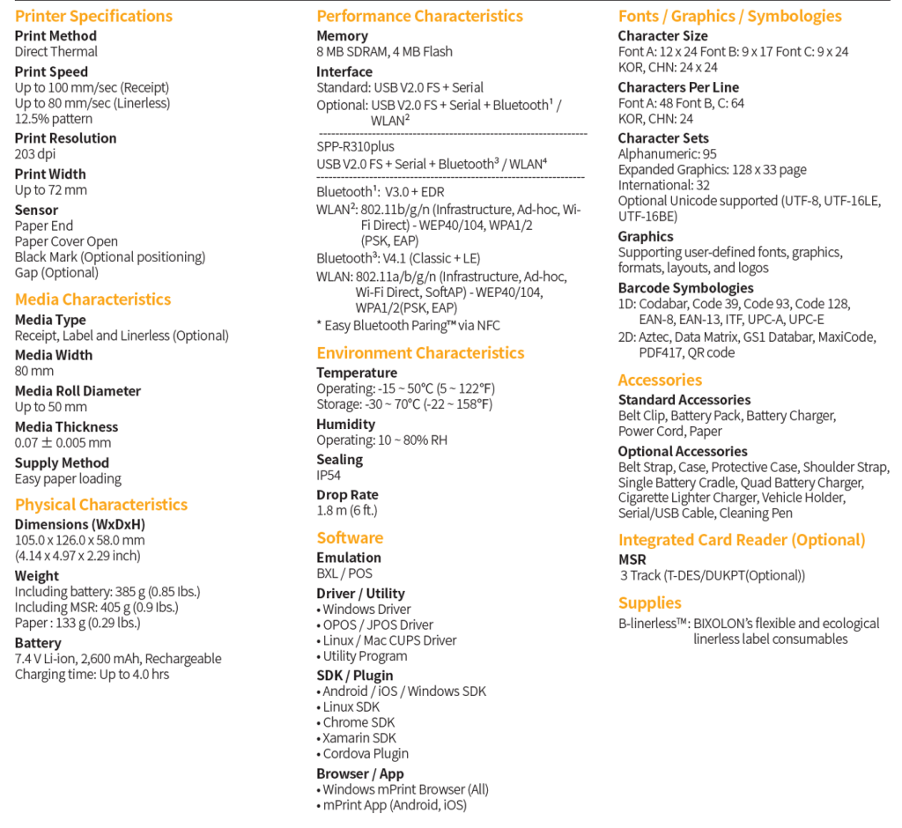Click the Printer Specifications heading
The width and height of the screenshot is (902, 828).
[x=93, y=16]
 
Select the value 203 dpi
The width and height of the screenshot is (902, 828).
[x=36, y=154]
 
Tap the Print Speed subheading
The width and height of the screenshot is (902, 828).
[x=51, y=71]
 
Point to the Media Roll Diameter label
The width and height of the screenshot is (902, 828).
[x=78, y=390]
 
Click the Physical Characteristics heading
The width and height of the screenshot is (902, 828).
[x=101, y=505]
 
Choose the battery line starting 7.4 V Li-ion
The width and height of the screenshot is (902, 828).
[x=118, y=659]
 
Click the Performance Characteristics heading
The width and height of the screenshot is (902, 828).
[x=419, y=16]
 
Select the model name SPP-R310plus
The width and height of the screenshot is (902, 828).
[x=356, y=146]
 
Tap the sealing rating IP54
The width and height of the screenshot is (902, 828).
[x=329, y=476]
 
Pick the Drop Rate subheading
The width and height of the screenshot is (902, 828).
[x=347, y=495]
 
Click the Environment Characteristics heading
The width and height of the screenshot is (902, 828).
[x=420, y=353]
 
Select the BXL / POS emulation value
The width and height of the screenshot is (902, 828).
[x=344, y=573]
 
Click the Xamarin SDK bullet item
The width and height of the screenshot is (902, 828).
[x=359, y=738]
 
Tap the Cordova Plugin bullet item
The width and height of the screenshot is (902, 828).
[x=365, y=754]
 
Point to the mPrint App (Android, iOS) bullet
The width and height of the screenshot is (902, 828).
[x=394, y=805]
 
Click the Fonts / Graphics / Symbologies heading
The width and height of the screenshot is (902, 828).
[x=729, y=16]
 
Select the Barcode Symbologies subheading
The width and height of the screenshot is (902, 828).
[x=685, y=288]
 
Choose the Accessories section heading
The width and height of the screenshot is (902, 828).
[x=660, y=381]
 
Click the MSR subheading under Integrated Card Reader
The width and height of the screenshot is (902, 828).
[x=632, y=559]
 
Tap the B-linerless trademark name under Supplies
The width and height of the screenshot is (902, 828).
[x=653, y=624]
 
